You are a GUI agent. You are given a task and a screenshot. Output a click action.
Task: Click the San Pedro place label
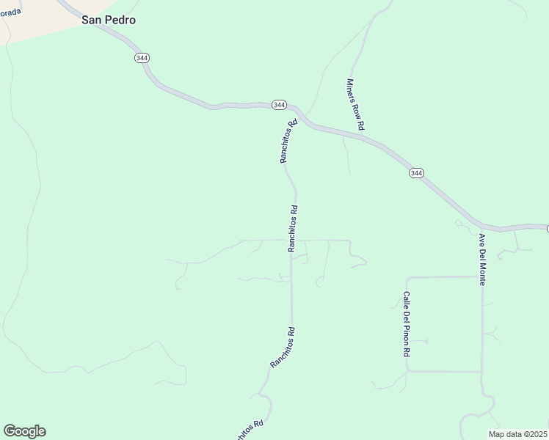109,21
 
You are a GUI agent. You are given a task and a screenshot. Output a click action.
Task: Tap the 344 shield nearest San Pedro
142,57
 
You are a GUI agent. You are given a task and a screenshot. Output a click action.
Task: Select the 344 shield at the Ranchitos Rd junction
279,105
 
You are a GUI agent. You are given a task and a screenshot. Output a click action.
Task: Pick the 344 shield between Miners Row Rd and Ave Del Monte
416,173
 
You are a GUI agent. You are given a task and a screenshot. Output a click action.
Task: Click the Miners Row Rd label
355,105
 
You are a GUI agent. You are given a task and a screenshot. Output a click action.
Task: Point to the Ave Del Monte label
484,260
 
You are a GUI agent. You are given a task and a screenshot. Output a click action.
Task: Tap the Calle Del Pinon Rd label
406,323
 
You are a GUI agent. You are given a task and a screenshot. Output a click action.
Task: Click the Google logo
24,431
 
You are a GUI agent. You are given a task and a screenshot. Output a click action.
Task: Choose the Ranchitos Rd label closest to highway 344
287,141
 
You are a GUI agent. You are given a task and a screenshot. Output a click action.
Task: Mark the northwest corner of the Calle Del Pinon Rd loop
407,277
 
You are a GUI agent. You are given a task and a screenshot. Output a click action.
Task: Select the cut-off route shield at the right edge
547,229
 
